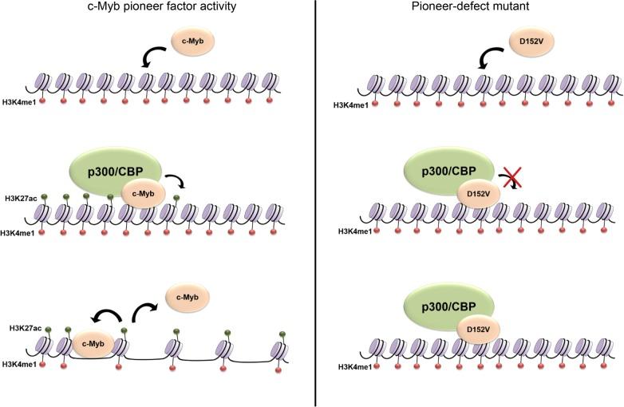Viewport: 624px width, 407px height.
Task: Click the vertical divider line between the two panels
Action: (318, 203)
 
